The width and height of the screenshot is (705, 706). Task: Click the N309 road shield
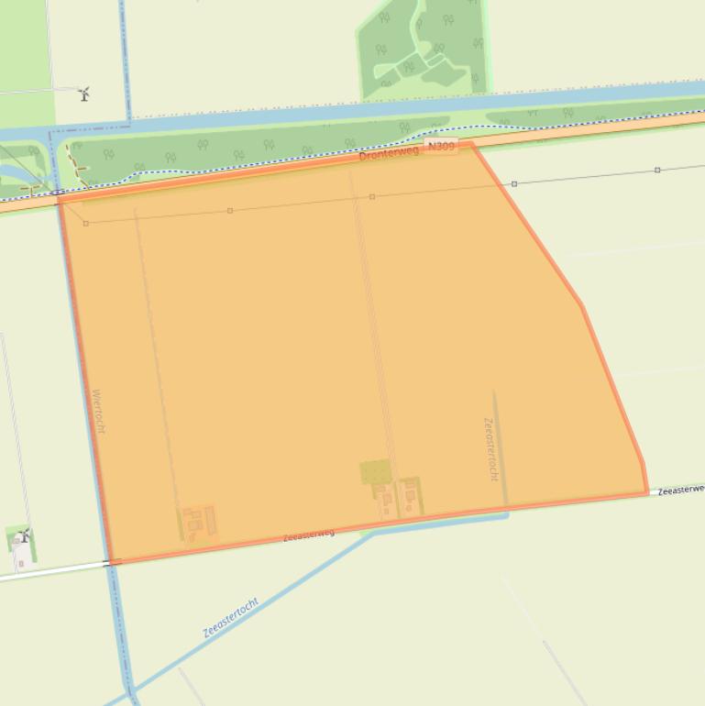pos(441,147)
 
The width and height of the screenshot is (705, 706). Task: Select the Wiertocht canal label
pos(99,412)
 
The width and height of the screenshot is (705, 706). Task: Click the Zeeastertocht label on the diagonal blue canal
pos(230,618)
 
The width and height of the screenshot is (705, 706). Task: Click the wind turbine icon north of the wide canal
pos(84,93)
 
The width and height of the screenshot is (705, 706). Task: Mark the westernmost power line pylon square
pos(86,223)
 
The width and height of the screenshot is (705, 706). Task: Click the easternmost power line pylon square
pos(657,170)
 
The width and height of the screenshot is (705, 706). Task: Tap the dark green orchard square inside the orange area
pos(375,472)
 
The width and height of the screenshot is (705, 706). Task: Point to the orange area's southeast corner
pos(646,493)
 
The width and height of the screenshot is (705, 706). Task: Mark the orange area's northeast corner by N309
pos(471,144)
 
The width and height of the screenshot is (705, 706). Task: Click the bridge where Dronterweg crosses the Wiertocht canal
pos(59,194)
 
